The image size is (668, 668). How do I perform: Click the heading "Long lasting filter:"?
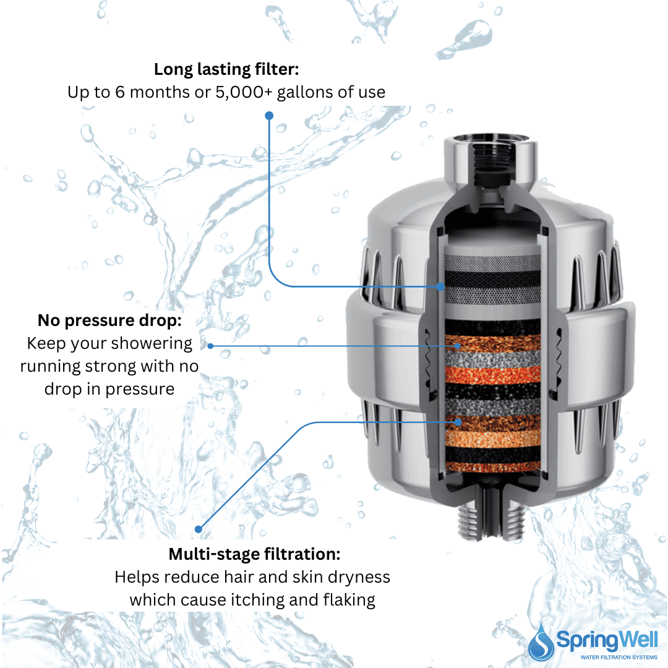(x=226, y=69)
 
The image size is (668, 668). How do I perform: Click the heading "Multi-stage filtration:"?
(x=254, y=554)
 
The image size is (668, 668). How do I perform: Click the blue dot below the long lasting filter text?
(x=268, y=116)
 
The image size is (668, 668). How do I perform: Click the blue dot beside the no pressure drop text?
(x=210, y=346)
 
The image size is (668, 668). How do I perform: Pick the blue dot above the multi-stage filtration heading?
(x=199, y=529)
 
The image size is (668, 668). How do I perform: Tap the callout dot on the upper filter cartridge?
(x=440, y=286)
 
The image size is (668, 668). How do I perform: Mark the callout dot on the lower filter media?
(x=458, y=421)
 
